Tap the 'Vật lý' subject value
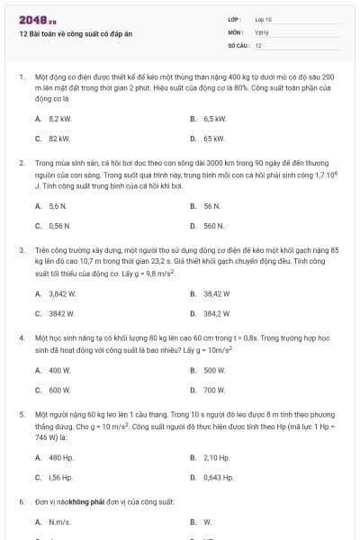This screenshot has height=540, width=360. (x=262, y=31)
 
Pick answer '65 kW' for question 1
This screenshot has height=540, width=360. (x=213, y=139)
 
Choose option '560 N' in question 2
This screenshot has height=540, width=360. (x=213, y=226)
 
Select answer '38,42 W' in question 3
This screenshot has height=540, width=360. (x=216, y=293)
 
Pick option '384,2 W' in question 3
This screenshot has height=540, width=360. (x=216, y=313)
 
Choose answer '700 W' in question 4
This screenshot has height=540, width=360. (x=213, y=390)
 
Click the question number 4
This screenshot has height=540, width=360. (x=22, y=337)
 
